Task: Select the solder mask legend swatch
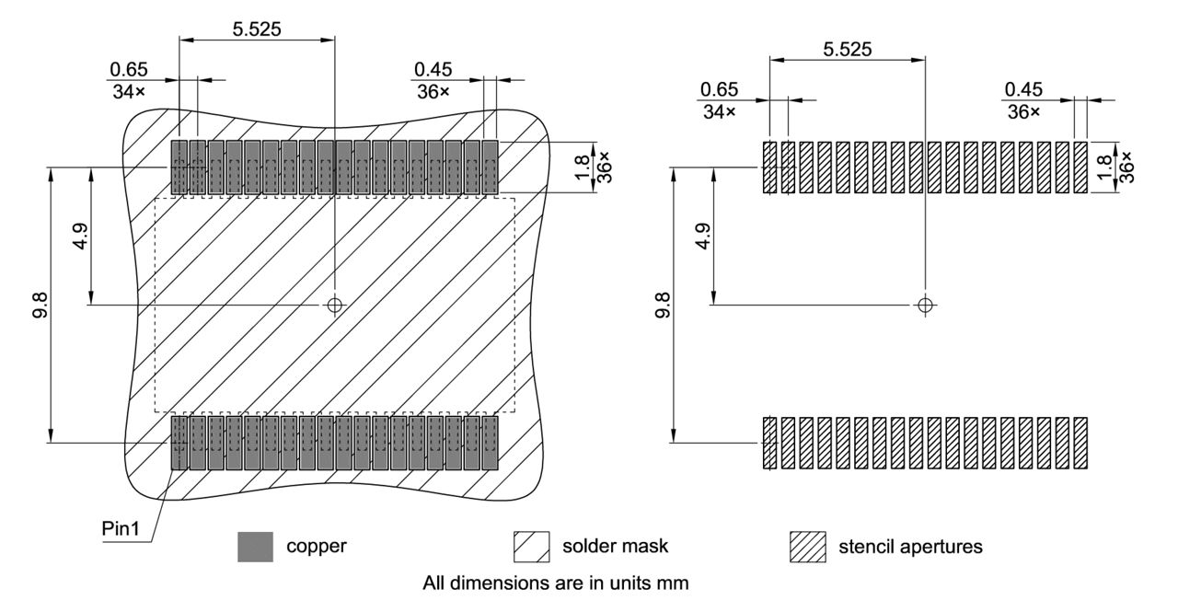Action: [530, 547]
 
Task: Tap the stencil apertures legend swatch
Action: [807, 547]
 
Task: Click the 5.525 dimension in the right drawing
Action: [848, 49]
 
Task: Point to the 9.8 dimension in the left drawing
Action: [40, 304]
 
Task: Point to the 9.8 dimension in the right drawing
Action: [662, 304]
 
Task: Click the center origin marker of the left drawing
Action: [334, 305]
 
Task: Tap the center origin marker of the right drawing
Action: [925, 305]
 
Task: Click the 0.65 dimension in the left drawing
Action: [128, 70]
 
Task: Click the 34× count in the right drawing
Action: [718, 111]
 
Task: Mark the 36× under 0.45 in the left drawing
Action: [432, 91]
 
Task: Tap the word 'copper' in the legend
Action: [317, 547]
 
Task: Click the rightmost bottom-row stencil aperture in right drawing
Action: [1080, 444]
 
